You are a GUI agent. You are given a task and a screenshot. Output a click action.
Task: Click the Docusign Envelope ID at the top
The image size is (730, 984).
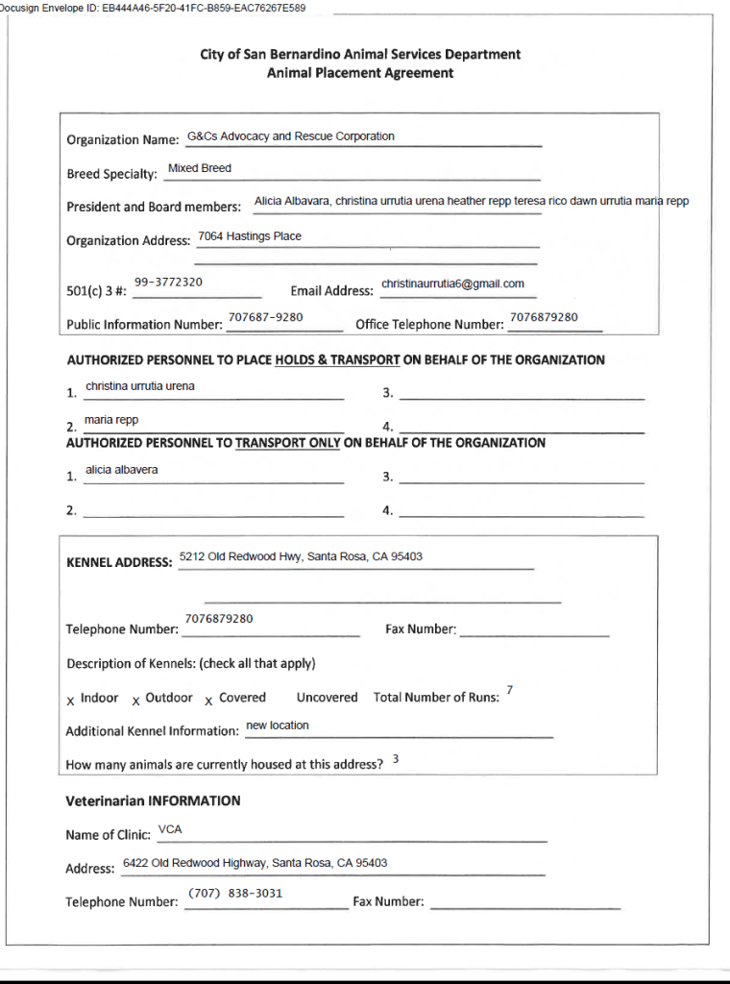tap(154, 8)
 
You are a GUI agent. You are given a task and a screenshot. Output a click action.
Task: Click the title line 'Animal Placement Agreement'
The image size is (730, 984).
tap(360, 73)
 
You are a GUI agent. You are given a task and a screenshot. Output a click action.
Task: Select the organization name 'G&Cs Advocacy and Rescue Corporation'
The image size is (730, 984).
tap(291, 136)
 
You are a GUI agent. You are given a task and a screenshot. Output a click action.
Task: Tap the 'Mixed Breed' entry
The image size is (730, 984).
tap(200, 168)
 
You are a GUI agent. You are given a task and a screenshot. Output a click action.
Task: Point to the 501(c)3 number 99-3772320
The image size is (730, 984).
tap(168, 283)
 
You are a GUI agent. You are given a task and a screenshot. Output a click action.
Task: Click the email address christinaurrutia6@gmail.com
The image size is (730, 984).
tap(452, 283)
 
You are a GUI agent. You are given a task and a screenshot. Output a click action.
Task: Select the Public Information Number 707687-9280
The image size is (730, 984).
tap(265, 317)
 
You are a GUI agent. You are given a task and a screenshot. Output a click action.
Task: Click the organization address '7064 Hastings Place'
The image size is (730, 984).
tap(250, 236)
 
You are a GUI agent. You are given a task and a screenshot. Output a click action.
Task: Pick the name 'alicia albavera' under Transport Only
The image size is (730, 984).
tap(122, 470)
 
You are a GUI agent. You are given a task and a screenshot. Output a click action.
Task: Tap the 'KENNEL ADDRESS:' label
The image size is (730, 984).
tap(119, 562)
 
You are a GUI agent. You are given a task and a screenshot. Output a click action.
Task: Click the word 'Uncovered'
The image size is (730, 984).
tap(327, 698)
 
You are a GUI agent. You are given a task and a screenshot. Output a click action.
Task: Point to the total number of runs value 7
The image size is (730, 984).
tap(509, 691)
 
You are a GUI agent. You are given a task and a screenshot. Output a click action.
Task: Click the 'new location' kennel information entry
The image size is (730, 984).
tap(278, 726)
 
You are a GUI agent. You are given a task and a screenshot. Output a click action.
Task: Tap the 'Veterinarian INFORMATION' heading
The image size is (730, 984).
tap(153, 800)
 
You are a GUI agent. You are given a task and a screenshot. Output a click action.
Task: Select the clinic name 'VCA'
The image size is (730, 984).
tap(170, 828)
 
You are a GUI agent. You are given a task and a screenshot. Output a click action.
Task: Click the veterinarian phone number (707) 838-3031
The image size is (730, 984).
tap(235, 894)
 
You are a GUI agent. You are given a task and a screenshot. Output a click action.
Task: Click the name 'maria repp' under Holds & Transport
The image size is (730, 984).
tap(111, 420)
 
